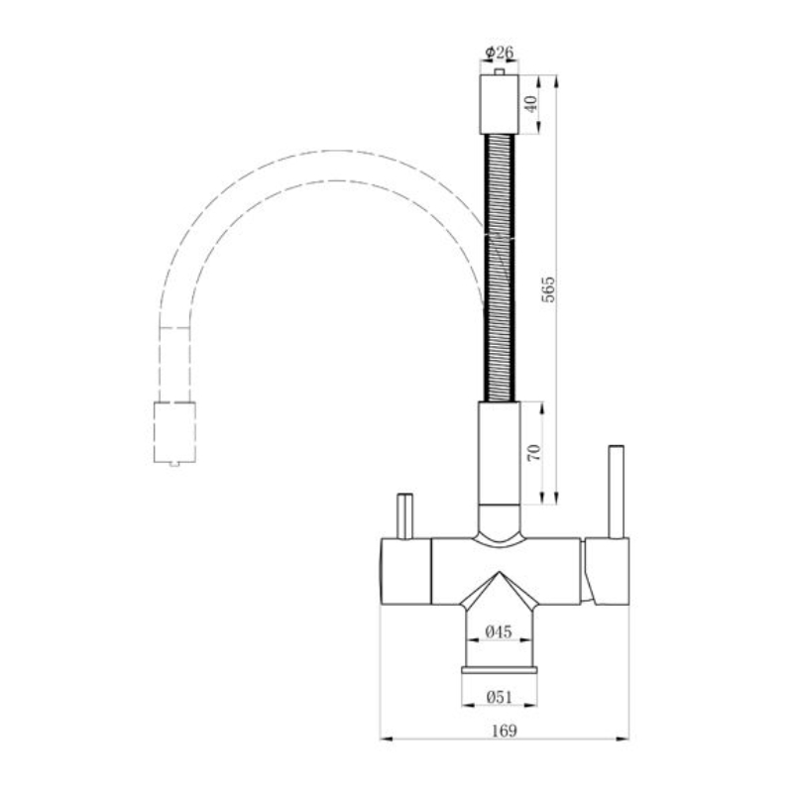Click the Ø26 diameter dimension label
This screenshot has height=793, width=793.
[x=500, y=53]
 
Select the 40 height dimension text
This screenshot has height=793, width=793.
[x=531, y=105]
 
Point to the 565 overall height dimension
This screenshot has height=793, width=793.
[x=548, y=289]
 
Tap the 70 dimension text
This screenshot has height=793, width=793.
[x=534, y=452]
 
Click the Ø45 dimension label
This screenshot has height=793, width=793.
[x=499, y=631]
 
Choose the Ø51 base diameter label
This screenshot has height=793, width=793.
[x=500, y=697]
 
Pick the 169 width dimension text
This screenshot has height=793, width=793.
[x=505, y=731]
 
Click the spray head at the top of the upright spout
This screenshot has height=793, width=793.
[x=499, y=105]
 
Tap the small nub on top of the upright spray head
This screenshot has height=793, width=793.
[x=500, y=71]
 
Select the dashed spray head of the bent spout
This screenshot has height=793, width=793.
[x=174, y=432]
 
